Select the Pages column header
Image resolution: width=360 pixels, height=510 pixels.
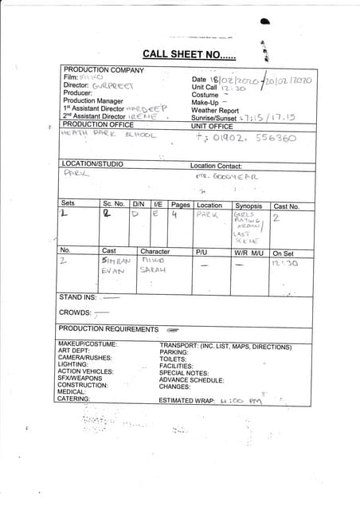(180, 205)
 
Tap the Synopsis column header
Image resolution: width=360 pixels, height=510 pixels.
(248, 206)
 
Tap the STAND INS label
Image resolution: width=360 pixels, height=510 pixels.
(78, 297)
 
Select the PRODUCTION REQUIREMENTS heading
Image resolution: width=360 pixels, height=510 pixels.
(108, 329)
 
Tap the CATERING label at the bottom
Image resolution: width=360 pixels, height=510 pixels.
(74, 398)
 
